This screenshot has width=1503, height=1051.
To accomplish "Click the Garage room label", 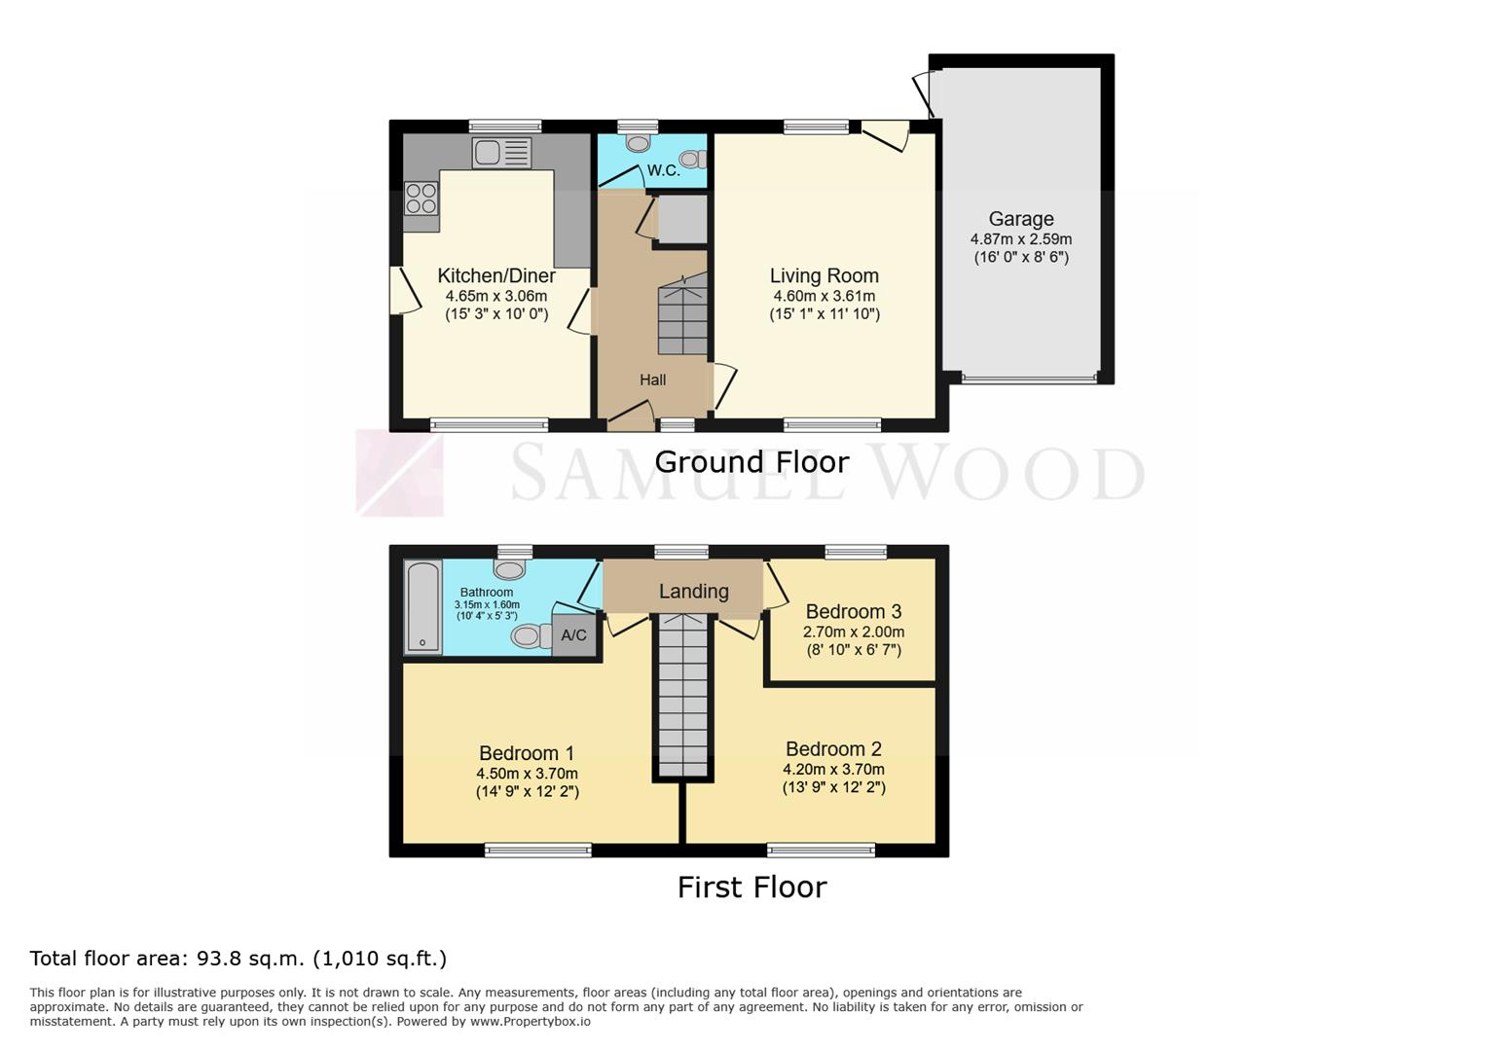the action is (x=1020, y=219).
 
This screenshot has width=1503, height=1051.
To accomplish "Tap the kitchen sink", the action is (x=501, y=153).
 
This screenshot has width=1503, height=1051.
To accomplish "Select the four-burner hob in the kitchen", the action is (x=422, y=199).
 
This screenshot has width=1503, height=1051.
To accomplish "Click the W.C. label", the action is (x=663, y=170).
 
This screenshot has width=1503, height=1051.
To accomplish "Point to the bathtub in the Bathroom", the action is (x=422, y=607).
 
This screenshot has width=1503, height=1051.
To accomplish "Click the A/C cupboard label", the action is (x=573, y=634).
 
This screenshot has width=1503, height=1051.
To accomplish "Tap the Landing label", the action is (x=693, y=592).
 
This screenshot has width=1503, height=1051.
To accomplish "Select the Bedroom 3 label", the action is (x=854, y=612).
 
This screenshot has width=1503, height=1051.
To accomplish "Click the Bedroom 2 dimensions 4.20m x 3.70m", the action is (x=833, y=770).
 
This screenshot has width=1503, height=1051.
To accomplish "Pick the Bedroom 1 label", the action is (x=527, y=753).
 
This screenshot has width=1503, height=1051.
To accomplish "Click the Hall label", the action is (x=652, y=381).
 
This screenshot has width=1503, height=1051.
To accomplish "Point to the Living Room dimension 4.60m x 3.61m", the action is (x=824, y=296).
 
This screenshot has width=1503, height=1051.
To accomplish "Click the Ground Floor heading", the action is (x=751, y=462).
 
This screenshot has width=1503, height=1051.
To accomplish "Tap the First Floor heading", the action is (x=751, y=888).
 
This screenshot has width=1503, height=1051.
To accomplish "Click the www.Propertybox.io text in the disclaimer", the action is (x=531, y=1022).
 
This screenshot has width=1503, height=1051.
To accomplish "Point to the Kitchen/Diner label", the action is (x=496, y=275).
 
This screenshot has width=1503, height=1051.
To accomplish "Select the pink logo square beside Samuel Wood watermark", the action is (x=399, y=473).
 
